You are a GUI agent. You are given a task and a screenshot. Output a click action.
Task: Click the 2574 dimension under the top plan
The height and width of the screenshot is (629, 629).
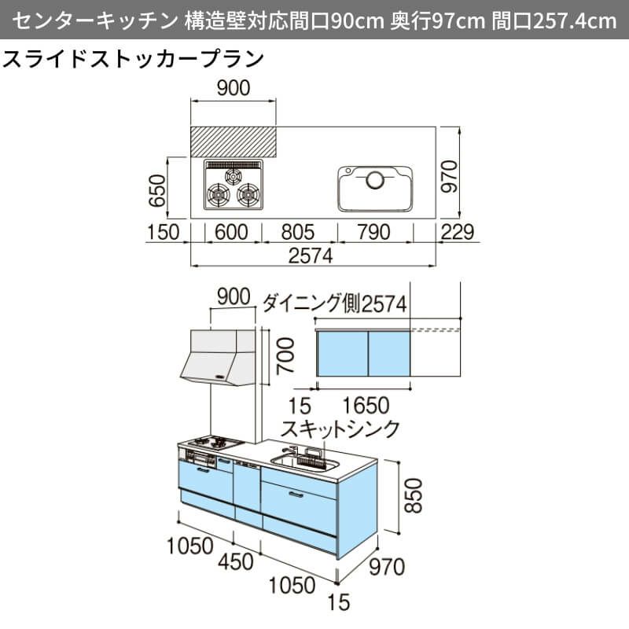(x=311, y=256)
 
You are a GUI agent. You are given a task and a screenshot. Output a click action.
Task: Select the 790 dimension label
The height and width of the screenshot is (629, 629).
(x=373, y=231)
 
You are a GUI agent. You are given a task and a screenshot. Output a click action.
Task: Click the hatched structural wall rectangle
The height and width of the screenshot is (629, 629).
(x=234, y=141)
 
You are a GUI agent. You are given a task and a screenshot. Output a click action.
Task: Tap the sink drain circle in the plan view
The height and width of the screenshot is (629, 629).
(x=375, y=180)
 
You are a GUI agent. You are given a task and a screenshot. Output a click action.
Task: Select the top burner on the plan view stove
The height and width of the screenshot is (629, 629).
(x=234, y=176)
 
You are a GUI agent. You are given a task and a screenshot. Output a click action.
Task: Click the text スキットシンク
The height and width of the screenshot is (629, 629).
(x=341, y=429)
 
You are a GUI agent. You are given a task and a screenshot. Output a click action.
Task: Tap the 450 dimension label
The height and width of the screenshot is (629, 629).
(x=235, y=562)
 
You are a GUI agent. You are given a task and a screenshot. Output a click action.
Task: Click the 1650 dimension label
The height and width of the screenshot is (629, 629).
(x=366, y=406)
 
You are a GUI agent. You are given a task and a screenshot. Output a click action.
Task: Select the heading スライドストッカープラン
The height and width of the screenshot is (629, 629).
(x=134, y=61)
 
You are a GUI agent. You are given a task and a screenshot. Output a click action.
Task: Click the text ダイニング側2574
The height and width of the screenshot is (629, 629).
(x=334, y=303)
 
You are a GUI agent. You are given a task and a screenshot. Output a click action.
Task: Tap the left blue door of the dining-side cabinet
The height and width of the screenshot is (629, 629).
(x=343, y=355)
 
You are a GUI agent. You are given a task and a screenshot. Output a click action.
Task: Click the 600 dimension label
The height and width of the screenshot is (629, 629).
(x=230, y=231)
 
